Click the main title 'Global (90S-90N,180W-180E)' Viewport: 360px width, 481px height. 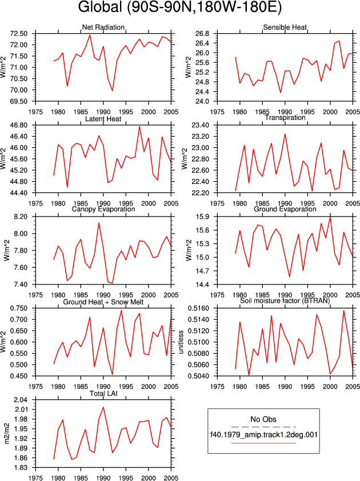tap(180, 7)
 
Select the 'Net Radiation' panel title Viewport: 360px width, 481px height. tap(103, 27)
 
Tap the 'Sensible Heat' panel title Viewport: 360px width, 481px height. tap(285, 27)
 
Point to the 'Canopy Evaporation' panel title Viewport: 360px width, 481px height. tap(103, 209)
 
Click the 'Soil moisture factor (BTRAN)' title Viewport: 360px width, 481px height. tap(285, 300)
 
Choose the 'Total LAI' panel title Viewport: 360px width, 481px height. tap(103, 394)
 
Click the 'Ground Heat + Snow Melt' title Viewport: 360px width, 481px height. tap(103, 302)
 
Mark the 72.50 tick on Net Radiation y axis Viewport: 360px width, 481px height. tap(19, 34)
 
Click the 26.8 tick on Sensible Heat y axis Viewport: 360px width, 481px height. tap(202, 34)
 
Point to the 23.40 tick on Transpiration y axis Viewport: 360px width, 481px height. tap(201, 125)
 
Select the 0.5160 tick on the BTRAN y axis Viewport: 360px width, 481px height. tap(198, 308)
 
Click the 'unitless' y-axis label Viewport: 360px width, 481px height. tap(181, 342)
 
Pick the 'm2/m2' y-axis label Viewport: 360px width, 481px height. tap(6, 434)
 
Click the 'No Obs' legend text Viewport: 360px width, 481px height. tap(263, 419)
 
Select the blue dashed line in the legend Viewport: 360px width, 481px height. tap(263, 427)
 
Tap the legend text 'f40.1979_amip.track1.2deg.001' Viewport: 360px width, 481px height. tap(263, 435)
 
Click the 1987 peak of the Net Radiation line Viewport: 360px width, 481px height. tap(90, 35)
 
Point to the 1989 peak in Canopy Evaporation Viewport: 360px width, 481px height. tap(99, 223)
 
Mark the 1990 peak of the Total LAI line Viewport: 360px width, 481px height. tap(103, 407)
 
